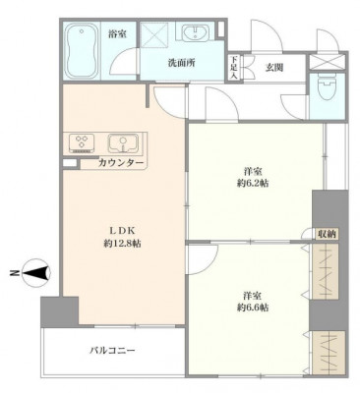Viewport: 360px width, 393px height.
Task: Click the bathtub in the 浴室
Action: tap(82, 50)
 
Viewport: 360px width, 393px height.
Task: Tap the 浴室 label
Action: tap(118, 33)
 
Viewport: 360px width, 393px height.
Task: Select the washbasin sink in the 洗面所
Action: tap(195, 33)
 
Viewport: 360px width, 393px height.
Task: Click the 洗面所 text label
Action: tap(181, 63)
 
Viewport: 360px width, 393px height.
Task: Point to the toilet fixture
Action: tap(327, 85)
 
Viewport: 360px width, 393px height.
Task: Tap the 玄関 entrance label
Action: tap(274, 68)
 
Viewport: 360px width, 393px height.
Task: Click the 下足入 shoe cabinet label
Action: tap(233, 68)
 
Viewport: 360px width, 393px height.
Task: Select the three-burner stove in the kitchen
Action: tap(82, 143)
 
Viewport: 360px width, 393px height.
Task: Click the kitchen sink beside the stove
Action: tap(123, 143)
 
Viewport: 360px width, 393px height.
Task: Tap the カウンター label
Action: tap(121, 162)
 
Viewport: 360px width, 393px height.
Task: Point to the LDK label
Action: tap(122, 230)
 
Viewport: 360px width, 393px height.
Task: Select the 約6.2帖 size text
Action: tap(253, 183)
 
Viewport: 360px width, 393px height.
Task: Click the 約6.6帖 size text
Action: tap(253, 308)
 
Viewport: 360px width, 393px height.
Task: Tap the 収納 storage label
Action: tap(327, 234)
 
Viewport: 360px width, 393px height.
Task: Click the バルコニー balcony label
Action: tap(112, 351)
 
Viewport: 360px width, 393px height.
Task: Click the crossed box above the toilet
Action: tap(328, 62)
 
